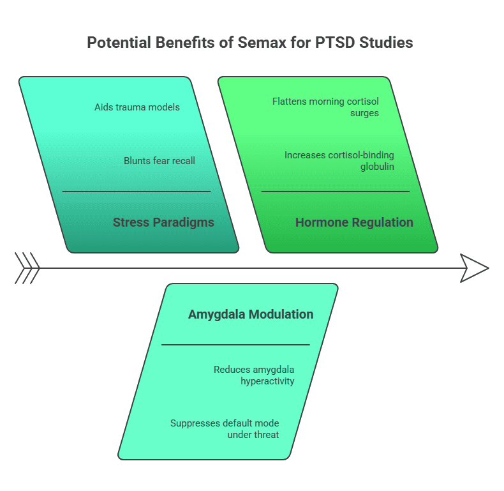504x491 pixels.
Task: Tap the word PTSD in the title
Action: click(341, 43)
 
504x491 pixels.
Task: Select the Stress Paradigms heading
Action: click(163, 223)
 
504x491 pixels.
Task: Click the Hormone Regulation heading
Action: click(354, 223)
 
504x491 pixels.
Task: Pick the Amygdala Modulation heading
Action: click(251, 314)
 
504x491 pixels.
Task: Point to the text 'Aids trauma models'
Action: click(137, 107)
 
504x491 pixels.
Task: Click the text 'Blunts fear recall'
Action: click(159, 161)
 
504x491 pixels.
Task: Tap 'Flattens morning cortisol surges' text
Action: click(325, 107)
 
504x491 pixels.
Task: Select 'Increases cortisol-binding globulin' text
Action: click(339, 161)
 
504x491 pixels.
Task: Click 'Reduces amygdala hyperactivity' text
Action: click(254, 375)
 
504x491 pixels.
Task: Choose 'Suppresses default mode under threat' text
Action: click(225, 429)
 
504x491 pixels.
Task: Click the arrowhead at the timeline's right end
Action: click(474, 268)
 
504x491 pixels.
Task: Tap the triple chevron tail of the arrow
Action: click(27, 268)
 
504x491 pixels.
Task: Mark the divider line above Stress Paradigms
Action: click(136, 191)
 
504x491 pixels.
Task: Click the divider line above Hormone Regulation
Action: click(335, 191)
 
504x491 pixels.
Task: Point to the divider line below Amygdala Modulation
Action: click(235, 345)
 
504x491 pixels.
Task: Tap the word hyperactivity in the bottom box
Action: click(267, 381)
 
